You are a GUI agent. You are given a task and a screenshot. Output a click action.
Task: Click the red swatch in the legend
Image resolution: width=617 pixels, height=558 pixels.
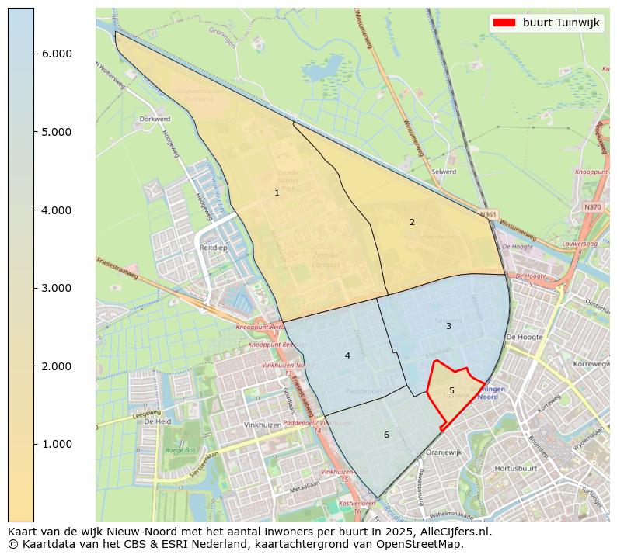pos(504,23)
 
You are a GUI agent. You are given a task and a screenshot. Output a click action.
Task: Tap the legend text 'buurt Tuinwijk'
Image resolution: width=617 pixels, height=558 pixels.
pos(561,23)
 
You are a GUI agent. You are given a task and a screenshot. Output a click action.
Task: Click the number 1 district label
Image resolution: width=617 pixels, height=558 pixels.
pos(277,192)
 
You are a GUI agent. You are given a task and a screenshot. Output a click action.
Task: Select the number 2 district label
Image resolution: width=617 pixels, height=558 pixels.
pos(412,222)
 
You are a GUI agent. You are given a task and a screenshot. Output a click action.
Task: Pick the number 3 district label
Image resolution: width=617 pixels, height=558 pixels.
pos(448,326)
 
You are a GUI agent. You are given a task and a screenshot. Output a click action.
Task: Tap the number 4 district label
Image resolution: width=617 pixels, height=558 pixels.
pos(347,355)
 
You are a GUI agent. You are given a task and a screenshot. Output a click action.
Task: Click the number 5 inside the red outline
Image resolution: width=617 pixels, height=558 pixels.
pos(451,390)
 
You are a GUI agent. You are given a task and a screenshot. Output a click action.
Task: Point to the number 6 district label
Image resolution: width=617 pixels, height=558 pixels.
pos(386,435)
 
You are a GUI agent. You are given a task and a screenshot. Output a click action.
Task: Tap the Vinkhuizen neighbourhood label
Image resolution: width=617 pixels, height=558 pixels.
pos(262,425)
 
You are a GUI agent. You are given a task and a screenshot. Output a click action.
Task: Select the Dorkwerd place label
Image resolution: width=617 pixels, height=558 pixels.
pos(153,120)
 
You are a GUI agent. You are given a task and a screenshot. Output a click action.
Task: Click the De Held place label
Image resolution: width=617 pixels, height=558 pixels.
pos(157,421)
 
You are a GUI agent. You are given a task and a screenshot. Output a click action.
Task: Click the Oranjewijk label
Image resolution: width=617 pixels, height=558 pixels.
pos(444,452)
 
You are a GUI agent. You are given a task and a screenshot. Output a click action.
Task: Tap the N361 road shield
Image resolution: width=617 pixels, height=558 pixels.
pos(488,214)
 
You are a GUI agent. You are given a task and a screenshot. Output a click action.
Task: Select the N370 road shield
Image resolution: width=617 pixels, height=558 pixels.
pos(592,207)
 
